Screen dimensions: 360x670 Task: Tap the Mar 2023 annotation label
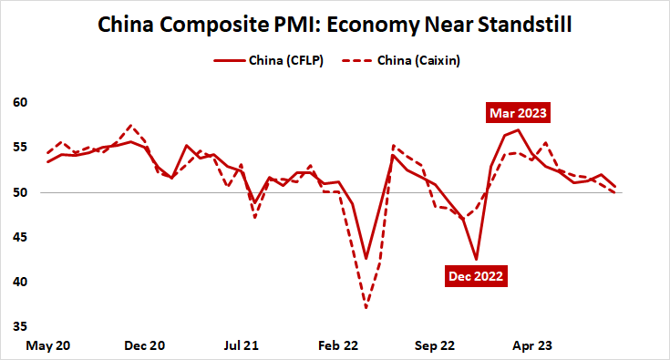(518, 114)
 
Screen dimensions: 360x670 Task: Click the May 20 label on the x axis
(48, 345)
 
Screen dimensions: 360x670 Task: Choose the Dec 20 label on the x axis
(144, 345)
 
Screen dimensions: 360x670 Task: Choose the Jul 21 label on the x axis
(241, 345)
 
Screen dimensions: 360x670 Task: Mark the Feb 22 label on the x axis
(337, 345)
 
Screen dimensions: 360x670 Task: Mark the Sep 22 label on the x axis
(434, 345)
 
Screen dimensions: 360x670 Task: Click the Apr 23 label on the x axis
(531, 345)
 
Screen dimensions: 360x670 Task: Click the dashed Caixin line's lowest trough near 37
(366, 308)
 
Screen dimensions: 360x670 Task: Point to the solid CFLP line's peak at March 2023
(518, 129)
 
